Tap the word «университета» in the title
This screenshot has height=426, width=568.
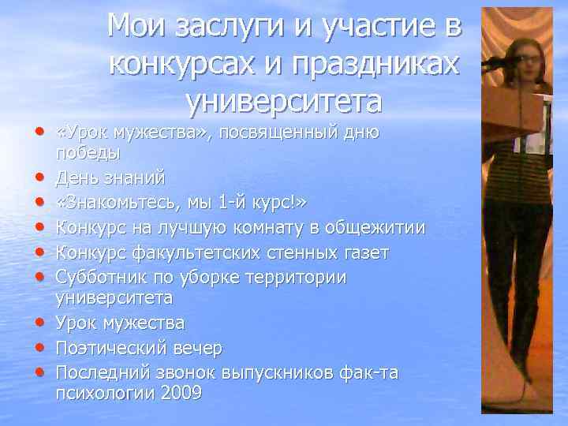point(284,101)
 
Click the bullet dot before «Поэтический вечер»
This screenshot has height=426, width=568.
point(39,348)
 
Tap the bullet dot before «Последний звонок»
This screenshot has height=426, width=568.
point(39,372)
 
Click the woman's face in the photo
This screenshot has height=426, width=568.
point(524,54)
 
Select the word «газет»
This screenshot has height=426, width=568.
point(367,252)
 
